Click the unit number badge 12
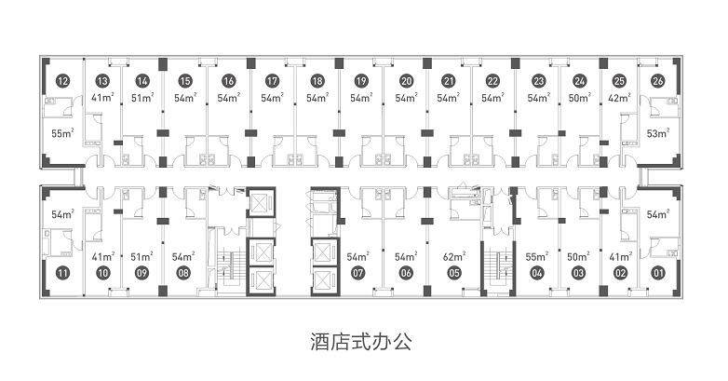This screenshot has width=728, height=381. coord(62,81)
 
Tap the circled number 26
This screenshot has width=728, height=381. coord(657,81)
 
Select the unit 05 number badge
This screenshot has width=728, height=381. coord(454,273)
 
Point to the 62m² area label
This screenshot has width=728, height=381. coord(453,256)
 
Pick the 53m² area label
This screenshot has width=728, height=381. coord(658,133)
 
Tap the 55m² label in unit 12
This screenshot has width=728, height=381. coord(62,133)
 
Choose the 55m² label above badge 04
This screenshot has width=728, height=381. coord(537,256)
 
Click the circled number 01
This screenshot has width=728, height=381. coord(658,273)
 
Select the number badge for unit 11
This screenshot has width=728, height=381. coord(62,273)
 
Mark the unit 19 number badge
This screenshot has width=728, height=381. coord(361,81)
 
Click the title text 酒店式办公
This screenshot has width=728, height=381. coord(361,343)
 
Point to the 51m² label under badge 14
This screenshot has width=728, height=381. coord(142,99)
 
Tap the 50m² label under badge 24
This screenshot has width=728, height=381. coord(580,99)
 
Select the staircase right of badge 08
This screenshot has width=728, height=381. coord(230,270)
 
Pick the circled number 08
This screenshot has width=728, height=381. coord(183,273)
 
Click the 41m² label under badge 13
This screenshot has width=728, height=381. coord(102,99)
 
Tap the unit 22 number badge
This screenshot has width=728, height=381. coord(492,81)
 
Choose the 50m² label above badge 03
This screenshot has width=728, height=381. coord(578,256)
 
